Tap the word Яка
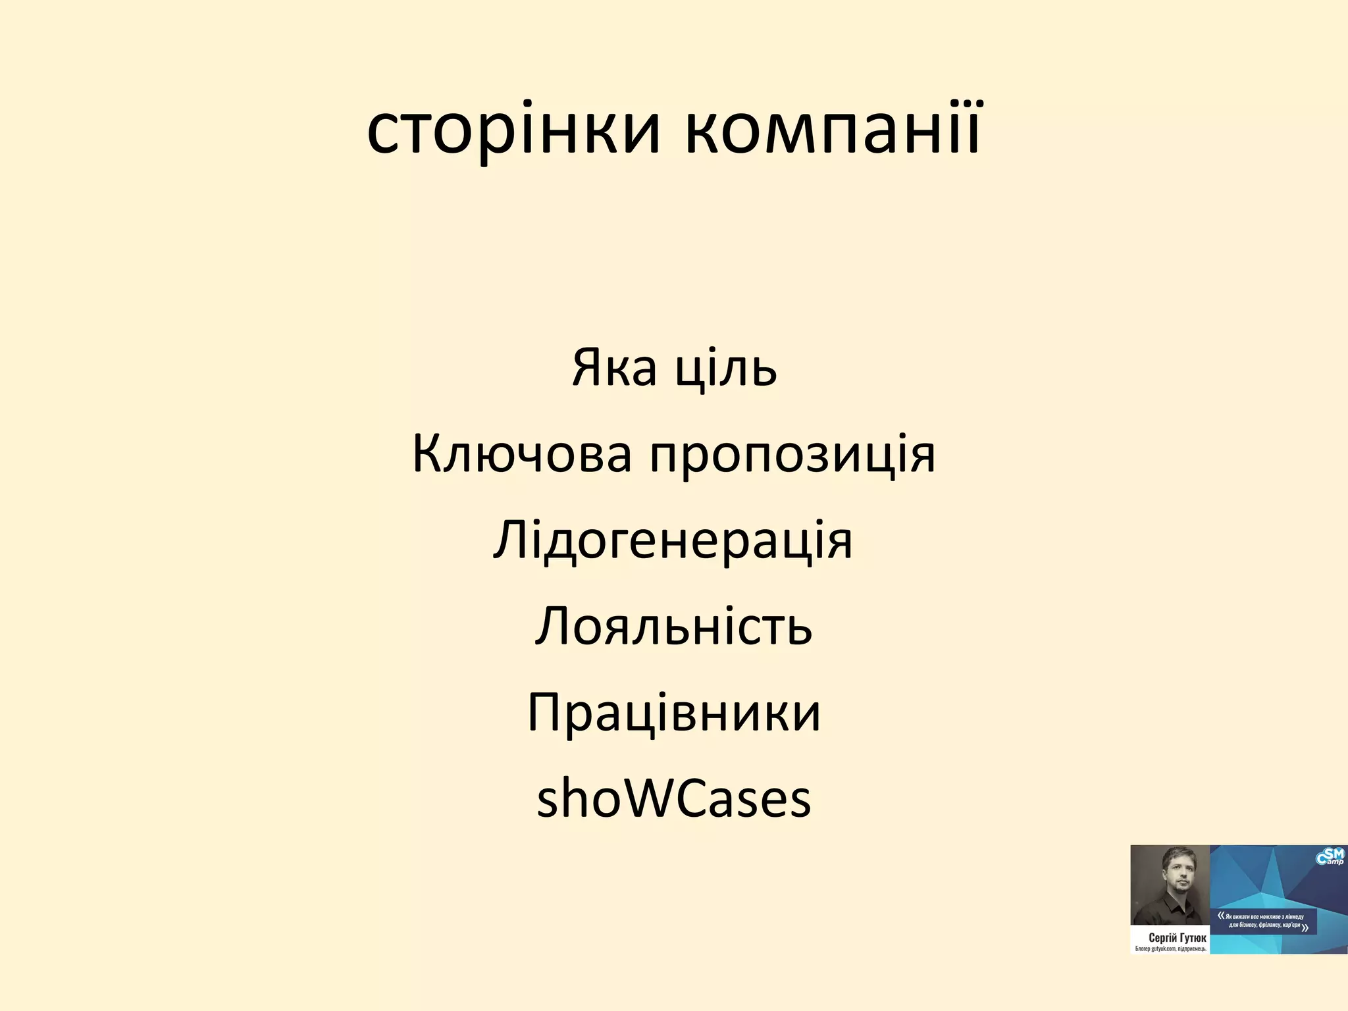point(614,367)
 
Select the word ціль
point(727,367)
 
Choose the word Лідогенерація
point(673,541)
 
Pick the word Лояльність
point(673,626)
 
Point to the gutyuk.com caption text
point(1169,949)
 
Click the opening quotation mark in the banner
point(1221,915)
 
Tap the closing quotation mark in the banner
point(1305,928)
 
